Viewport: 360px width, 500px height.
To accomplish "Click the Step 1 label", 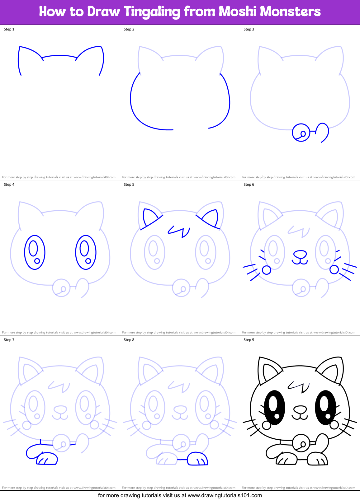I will [x=9, y=29].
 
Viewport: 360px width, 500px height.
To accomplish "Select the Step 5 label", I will [x=129, y=185].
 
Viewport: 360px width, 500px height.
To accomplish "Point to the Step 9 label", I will [x=249, y=340].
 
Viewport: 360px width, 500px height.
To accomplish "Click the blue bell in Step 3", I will [x=301, y=133].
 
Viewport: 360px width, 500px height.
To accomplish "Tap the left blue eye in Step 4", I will [x=35, y=252].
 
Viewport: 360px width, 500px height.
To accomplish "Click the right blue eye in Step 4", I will [x=86, y=252].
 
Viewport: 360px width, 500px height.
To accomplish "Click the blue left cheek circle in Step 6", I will [x=267, y=270].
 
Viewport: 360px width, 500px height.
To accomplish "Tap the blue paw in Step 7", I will [x=47, y=459].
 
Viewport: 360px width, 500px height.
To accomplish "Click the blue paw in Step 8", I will [x=197, y=459].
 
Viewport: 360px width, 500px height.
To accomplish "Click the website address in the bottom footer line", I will [x=225, y=495].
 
